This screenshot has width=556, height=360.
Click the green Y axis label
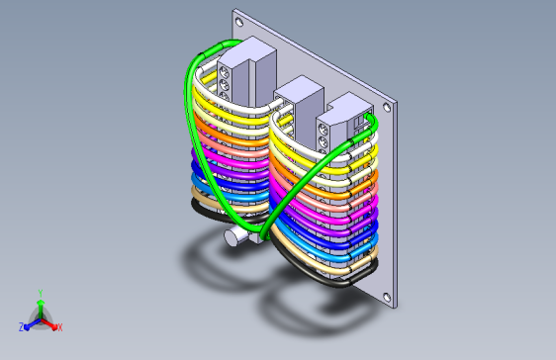[41, 293]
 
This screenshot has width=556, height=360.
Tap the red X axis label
[60, 327]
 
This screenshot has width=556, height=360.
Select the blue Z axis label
[21, 327]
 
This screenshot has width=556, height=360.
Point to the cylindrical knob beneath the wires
[232, 236]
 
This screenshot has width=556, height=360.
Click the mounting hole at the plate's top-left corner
[239, 22]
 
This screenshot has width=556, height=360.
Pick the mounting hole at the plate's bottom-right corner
[387, 298]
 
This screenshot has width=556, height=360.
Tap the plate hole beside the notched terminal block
[387, 107]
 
